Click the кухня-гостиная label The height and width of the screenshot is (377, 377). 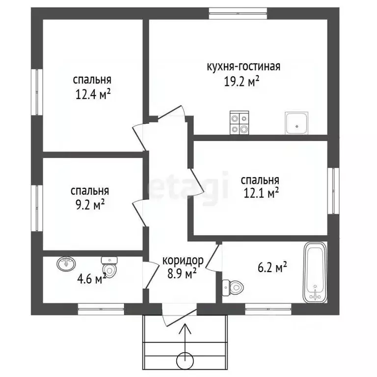[243, 67]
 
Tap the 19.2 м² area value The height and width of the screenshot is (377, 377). [242, 81]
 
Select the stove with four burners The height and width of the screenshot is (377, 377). [239, 123]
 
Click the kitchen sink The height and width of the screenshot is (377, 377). [296, 123]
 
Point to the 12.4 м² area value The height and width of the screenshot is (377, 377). [93, 94]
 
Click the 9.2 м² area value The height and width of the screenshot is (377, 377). [90, 205]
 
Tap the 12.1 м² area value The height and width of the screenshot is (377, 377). [261, 193]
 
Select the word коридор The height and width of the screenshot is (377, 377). [183, 260]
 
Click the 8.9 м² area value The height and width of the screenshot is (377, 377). [182, 274]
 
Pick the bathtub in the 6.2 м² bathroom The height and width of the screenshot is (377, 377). [315, 272]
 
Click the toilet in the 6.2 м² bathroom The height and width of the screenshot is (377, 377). [233, 287]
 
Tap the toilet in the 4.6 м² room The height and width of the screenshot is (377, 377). [109, 267]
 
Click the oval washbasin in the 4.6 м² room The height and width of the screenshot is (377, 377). [66, 264]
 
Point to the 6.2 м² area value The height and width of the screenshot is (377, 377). [272, 267]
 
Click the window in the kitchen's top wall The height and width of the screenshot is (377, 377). [238, 13]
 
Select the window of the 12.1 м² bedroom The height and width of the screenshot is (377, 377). [333, 190]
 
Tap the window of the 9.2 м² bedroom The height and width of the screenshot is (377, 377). [37, 208]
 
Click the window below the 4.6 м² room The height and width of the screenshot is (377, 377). [101, 309]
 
